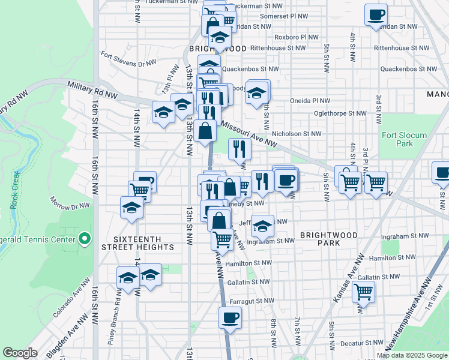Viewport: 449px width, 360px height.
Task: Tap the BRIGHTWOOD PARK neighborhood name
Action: point(329,239)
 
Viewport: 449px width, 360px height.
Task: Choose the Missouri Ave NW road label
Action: point(249,135)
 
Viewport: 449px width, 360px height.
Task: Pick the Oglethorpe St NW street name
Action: point(340,113)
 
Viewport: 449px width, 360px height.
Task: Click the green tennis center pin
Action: point(85,239)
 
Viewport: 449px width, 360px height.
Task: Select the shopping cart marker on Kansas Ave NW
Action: point(363,293)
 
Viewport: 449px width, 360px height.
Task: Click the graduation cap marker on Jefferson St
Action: point(262,226)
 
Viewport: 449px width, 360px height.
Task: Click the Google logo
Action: point(20,353)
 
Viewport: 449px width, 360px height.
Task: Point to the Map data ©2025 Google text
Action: point(411,355)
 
